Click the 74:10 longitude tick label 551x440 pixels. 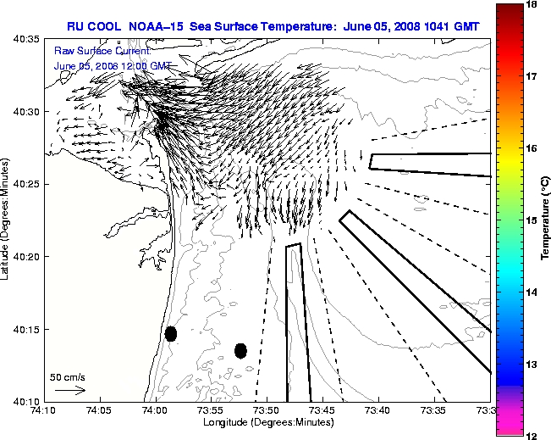click(44, 411)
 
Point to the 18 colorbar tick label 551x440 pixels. click(533, 5)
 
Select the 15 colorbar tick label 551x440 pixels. click(533, 220)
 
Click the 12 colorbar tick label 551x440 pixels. click(533, 435)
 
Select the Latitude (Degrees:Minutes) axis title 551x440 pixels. click(8, 220)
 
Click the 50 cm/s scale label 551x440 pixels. click(68, 377)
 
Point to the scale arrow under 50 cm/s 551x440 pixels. click(69, 390)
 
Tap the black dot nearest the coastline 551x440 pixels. click(171, 333)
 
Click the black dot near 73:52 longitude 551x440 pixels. click(240, 350)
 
